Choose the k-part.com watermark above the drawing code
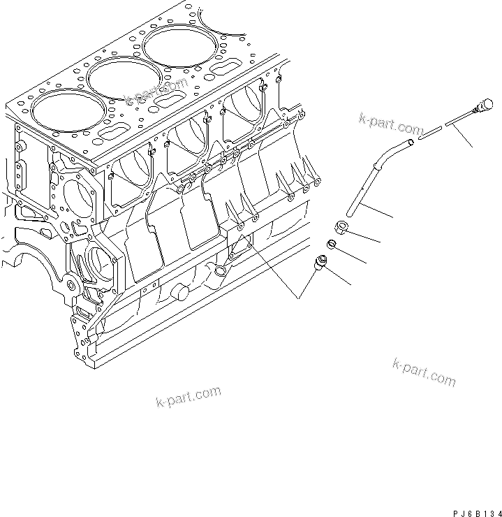(424, 372)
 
